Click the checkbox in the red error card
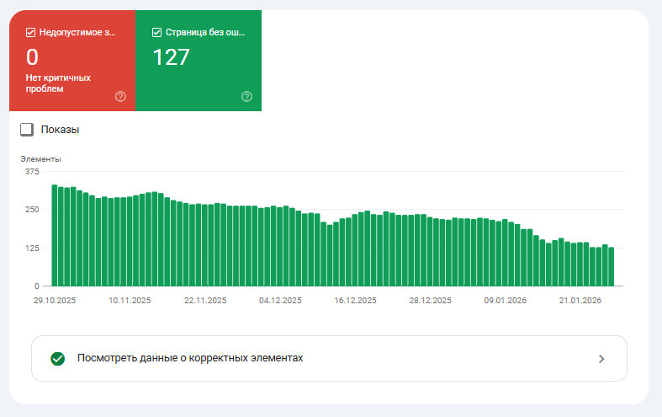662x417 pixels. pos(31,33)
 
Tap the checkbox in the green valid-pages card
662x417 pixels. pos(157,33)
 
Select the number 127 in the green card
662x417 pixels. pos(172,57)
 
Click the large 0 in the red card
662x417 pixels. pos(33,57)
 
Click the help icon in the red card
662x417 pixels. pos(120,96)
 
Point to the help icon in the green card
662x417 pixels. pos(246,96)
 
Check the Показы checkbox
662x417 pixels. pos(27,130)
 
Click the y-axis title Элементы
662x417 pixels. pos(40,158)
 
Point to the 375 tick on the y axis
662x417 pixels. pos(32,171)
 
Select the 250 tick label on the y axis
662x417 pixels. pos(32,210)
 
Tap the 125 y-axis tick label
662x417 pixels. pos(32,248)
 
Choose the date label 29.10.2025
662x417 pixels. pos(55,300)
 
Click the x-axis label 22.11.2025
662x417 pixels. pos(205,300)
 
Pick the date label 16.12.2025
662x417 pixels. pos(356,300)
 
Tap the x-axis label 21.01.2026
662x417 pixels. pos(580,300)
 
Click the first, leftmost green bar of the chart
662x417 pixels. pos(54,236)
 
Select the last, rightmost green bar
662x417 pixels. pos(612,266)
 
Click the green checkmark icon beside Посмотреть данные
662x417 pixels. pos(57,358)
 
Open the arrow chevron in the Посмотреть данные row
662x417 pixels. pos(601,358)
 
